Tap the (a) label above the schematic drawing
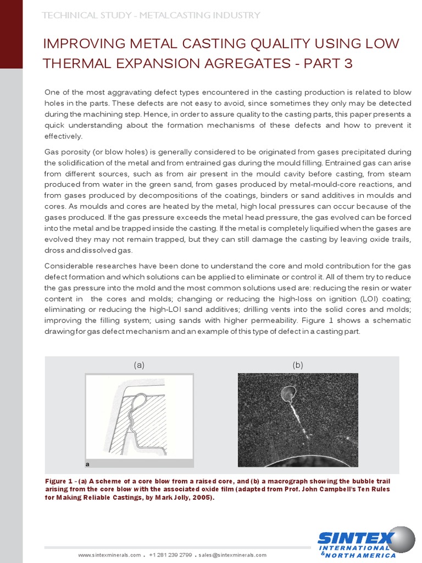pyautogui.click(x=139, y=365)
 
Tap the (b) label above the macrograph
pyautogui.click(x=297, y=365)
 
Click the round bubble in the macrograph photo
pyautogui.click(x=288, y=393)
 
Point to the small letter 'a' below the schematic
pyautogui.click(x=87, y=463)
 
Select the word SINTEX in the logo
pyautogui.click(x=355, y=537)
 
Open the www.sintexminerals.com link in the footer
pyautogui.click(x=109, y=555)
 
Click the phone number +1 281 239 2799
pyautogui.click(x=170, y=555)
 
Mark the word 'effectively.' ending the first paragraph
pyautogui.click(x=63, y=136)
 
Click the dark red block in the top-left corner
pyautogui.click(x=11, y=33)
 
